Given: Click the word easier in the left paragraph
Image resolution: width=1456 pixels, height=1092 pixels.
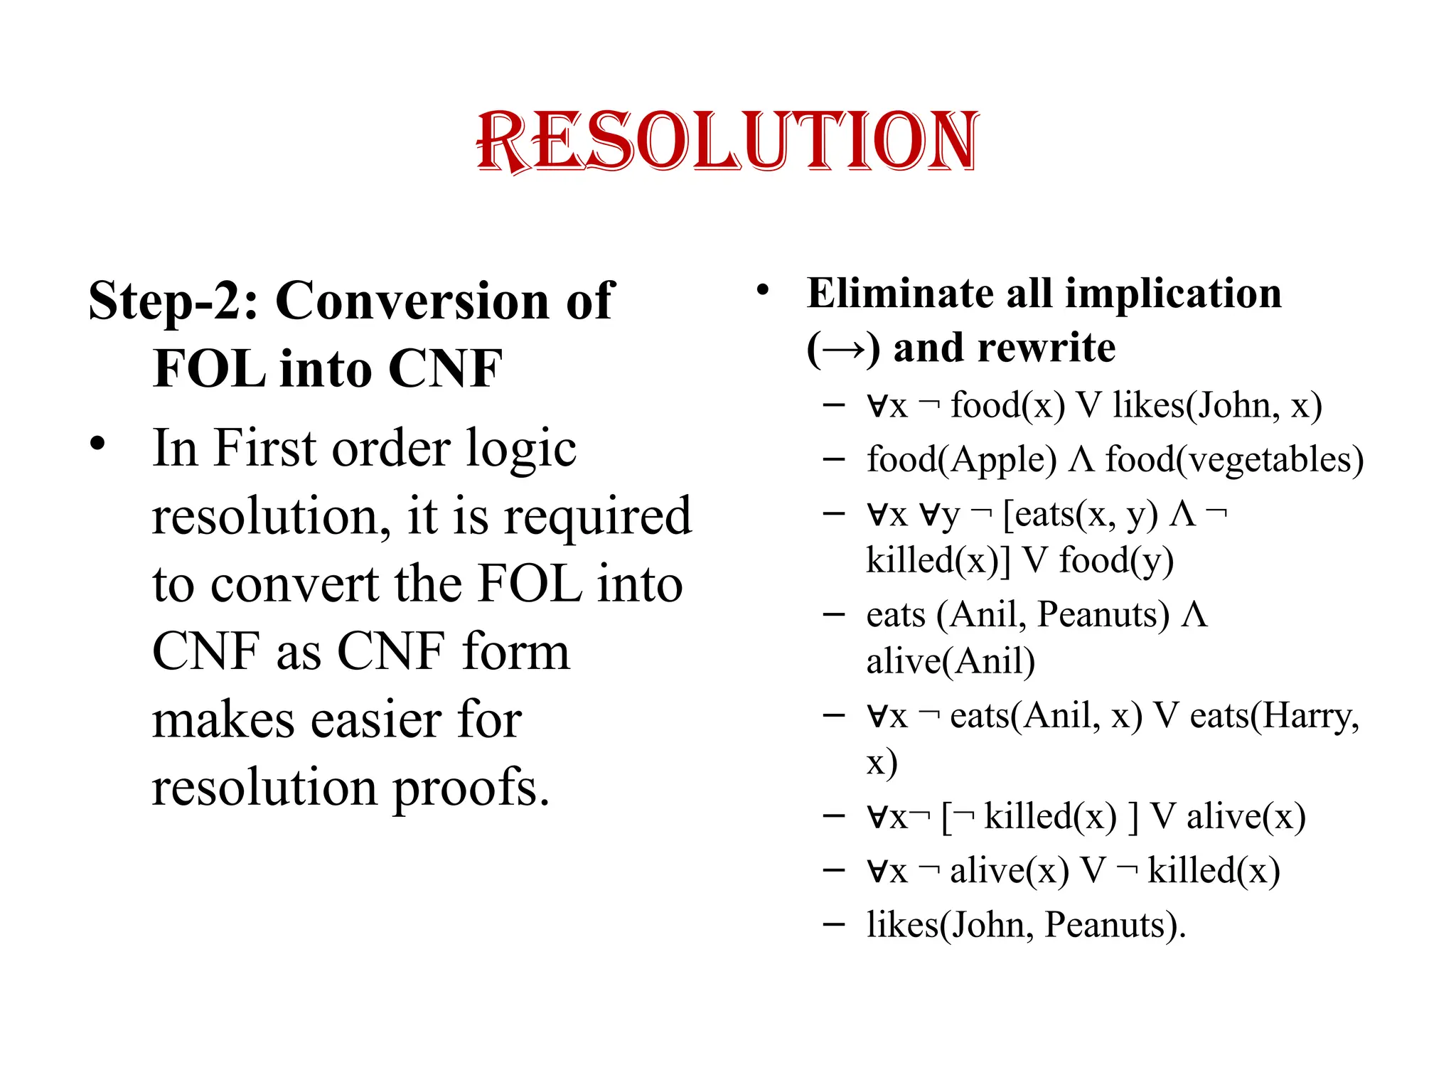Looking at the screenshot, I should [377, 720].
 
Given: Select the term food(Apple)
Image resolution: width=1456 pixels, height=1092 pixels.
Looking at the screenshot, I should [961, 460].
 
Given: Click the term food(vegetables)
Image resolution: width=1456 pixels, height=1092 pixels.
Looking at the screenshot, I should [1234, 460].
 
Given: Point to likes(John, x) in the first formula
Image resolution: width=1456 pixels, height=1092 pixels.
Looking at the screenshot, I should [1217, 406].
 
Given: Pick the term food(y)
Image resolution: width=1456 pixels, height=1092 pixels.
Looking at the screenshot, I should [1116, 561].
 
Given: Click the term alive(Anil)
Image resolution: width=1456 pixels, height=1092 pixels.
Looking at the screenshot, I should [950, 662].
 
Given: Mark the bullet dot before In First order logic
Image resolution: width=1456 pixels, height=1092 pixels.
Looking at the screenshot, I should [97, 444].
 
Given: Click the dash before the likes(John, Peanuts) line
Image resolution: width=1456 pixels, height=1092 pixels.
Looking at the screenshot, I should [833, 925].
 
